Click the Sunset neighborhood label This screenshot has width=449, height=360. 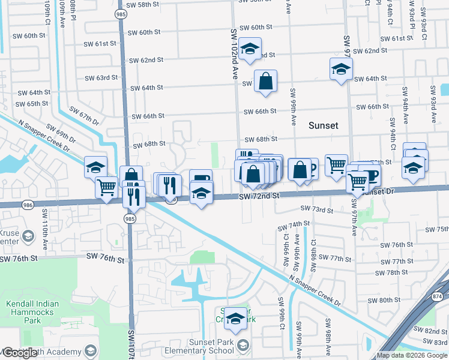(x=324, y=125)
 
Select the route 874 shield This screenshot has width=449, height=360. (x=438, y=296)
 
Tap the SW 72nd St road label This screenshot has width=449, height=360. (x=259, y=196)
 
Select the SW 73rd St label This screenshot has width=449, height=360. (x=316, y=209)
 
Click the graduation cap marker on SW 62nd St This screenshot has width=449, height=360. (x=250, y=49)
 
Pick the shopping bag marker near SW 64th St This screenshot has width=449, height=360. (x=265, y=81)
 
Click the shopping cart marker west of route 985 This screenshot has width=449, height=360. (x=106, y=187)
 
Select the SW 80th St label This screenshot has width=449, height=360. (x=384, y=300)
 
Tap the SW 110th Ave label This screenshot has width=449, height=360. (x=44, y=221)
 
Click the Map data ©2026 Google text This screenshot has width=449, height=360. (x=412, y=355)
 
